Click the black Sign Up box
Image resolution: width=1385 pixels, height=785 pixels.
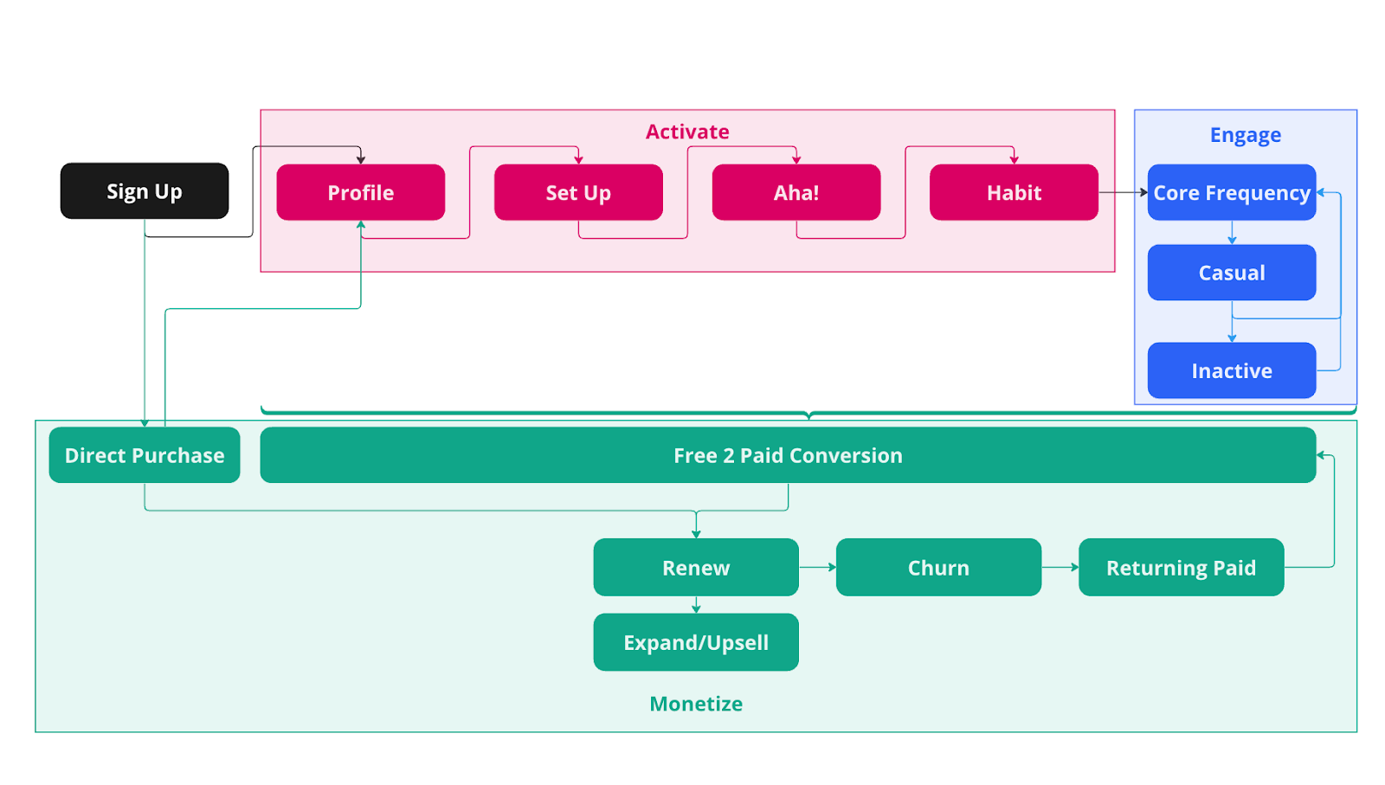pyautogui.click(x=145, y=191)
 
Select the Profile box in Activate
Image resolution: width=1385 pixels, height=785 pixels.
pyautogui.click(x=360, y=192)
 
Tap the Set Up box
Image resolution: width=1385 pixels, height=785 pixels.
pyautogui.click(x=578, y=192)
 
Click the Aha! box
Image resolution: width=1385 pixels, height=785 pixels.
pyautogui.click(x=796, y=192)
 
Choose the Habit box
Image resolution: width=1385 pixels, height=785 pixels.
pyautogui.click(x=1014, y=192)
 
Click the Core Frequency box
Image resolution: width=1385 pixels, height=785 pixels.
pyautogui.click(x=1231, y=192)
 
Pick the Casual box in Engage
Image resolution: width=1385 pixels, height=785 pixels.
pyautogui.click(x=1231, y=273)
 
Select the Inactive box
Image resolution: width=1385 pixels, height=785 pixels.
pyautogui.click(x=1231, y=370)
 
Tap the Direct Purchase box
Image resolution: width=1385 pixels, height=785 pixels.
pyautogui.click(x=145, y=455)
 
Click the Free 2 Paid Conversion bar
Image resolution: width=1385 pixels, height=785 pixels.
pyautogui.click(x=788, y=455)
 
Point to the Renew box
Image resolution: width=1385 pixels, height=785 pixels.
pyautogui.click(x=696, y=568)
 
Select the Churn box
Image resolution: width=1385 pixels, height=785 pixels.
pyautogui.click(x=938, y=568)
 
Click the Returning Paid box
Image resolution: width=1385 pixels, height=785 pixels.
pyautogui.click(x=1181, y=568)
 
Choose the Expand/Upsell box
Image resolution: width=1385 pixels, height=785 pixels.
pyautogui.click(x=696, y=642)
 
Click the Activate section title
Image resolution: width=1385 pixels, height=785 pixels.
pyautogui.click(x=687, y=132)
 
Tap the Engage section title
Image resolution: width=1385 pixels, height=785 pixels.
pyautogui.click(x=1245, y=135)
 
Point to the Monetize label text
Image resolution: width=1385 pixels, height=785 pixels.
pyautogui.click(x=696, y=704)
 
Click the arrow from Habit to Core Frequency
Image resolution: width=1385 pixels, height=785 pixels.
pyautogui.click(x=1123, y=192)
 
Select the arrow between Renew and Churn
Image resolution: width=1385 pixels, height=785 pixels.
pyautogui.click(x=817, y=568)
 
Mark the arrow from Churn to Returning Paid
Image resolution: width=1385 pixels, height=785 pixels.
pyautogui.click(x=1060, y=568)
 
